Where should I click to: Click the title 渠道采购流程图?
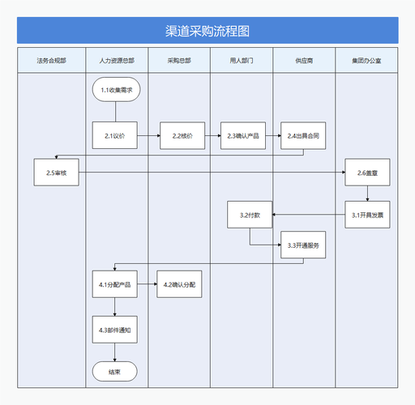click(207, 32)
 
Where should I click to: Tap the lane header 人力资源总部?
click(116, 61)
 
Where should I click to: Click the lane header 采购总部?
click(179, 61)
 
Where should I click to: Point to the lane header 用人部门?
click(242, 61)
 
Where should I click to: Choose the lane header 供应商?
click(304, 61)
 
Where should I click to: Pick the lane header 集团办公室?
click(367, 61)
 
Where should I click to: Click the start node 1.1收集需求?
click(116, 89)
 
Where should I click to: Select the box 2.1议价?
click(115, 136)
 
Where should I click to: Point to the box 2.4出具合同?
click(303, 136)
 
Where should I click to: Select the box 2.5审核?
click(56, 173)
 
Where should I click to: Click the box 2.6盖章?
click(367, 173)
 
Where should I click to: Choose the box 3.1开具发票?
click(367, 215)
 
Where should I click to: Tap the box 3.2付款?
click(250, 215)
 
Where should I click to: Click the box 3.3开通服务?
click(303, 245)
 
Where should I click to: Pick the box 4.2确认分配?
click(179, 285)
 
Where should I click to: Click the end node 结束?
click(115, 372)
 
